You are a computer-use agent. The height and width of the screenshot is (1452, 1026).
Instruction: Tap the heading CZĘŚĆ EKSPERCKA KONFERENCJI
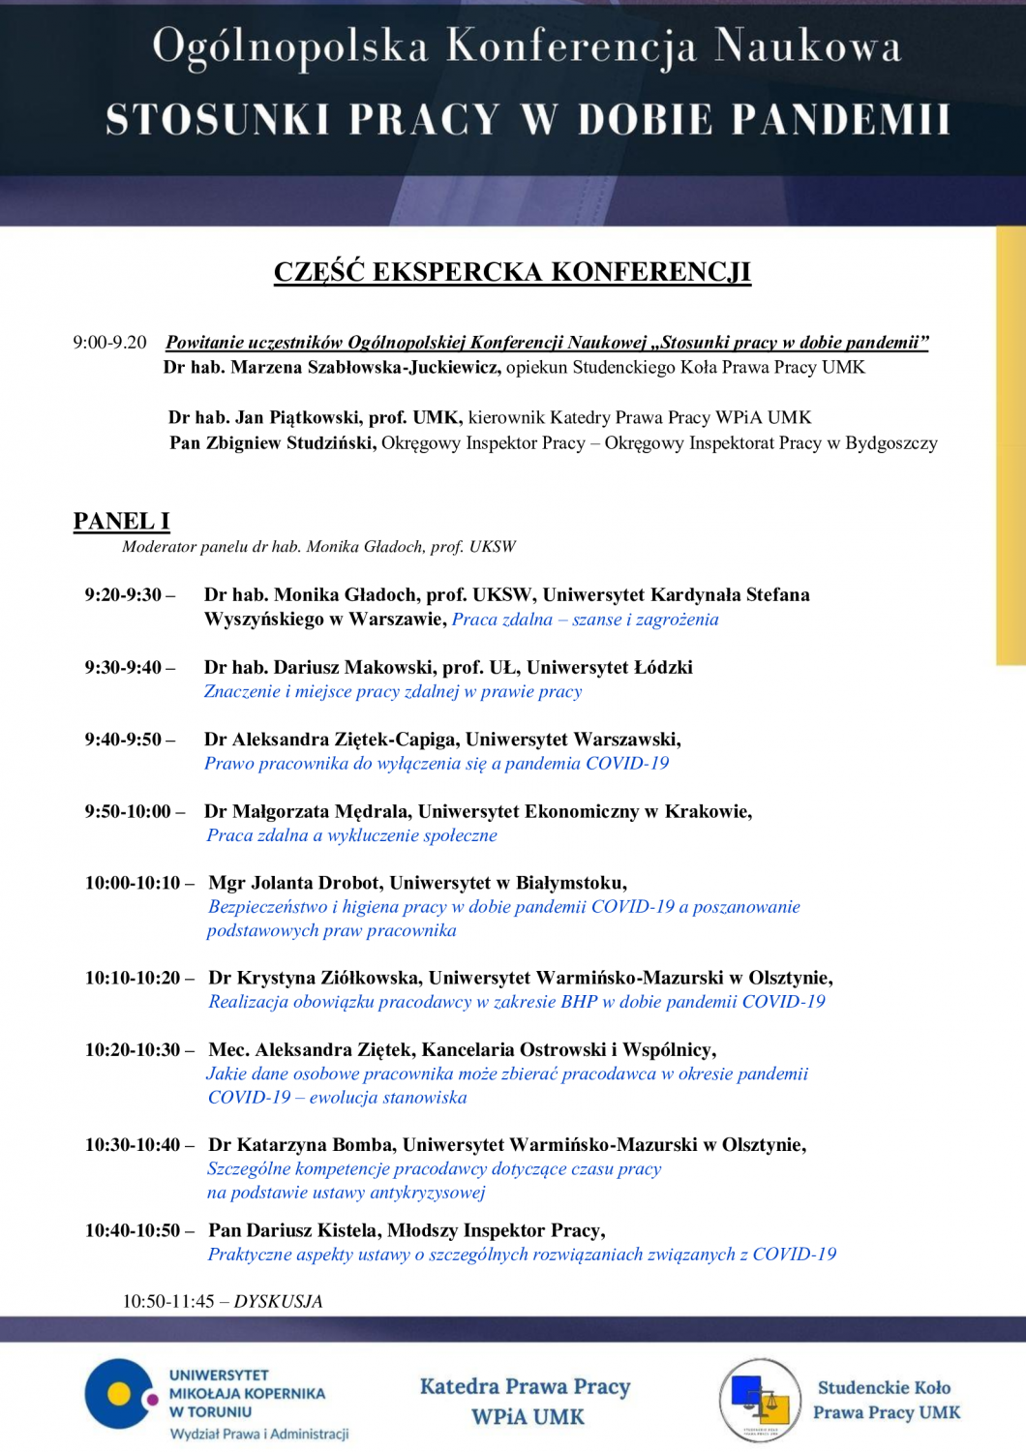(x=512, y=272)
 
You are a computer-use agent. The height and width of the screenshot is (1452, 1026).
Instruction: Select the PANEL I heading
(x=121, y=521)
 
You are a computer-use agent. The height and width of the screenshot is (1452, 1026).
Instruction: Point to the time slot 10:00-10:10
(x=133, y=883)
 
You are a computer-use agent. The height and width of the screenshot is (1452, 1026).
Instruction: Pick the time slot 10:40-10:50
(x=133, y=1230)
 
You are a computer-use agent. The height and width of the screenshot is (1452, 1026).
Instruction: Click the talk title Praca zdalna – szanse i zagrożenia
(x=585, y=620)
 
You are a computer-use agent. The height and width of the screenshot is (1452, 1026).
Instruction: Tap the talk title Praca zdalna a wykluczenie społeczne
(x=351, y=835)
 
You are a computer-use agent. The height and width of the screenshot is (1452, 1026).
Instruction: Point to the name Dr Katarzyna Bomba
(x=299, y=1145)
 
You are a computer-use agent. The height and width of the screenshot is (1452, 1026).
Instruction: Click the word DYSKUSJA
(x=278, y=1302)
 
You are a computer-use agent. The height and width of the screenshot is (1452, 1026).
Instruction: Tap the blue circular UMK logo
(x=118, y=1394)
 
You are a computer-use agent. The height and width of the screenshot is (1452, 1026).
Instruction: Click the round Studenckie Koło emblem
(x=761, y=1399)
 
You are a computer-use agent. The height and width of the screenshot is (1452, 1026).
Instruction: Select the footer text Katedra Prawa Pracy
(x=525, y=1386)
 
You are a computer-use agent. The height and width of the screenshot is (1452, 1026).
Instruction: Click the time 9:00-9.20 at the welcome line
(x=109, y=343)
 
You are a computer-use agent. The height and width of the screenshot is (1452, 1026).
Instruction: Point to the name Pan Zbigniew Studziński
(x=273, y=443)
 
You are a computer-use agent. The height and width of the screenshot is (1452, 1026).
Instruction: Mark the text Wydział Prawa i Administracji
(x=259, y=1434)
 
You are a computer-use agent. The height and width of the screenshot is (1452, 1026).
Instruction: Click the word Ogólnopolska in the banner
(x=289, y=46)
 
